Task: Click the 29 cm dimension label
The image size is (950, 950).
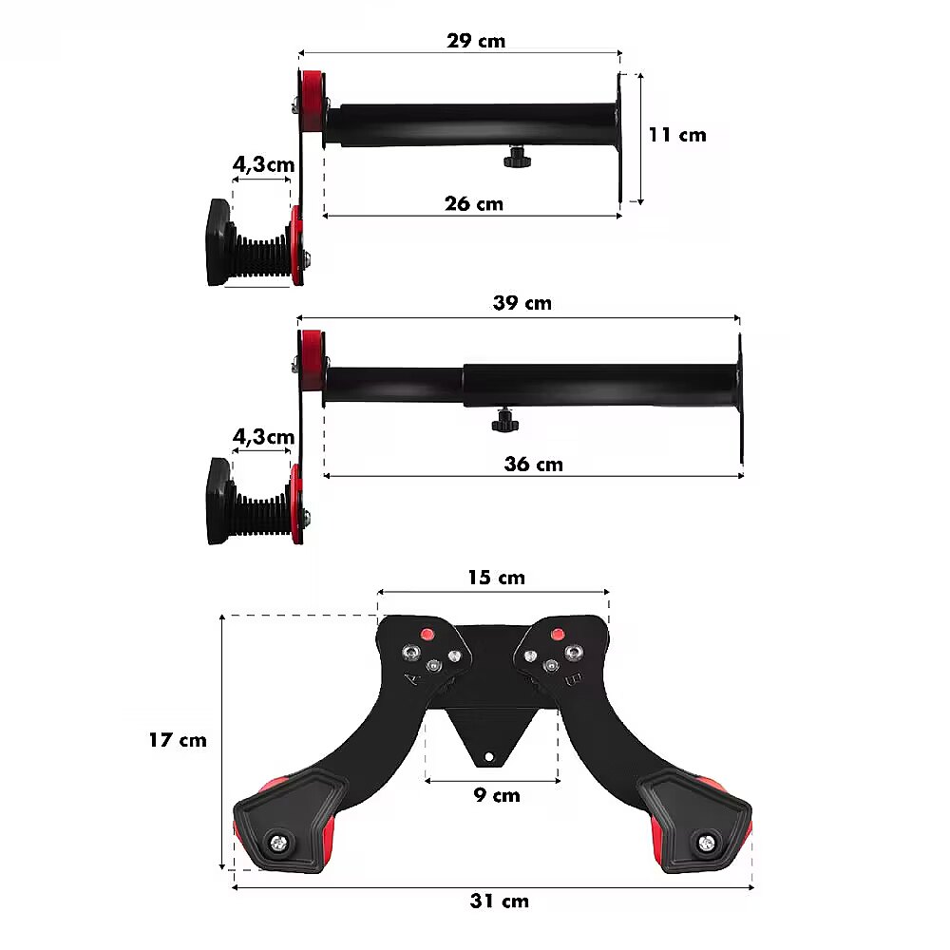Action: coord(476,41)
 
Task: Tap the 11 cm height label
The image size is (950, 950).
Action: coord(677,135)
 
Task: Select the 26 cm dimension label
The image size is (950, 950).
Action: coord(474,203)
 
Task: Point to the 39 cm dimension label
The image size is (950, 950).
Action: coord(522,303)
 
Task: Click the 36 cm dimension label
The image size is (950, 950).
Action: coord(533,465)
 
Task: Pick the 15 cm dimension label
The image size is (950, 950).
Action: coord(496,578)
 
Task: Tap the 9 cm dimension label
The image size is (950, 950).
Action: coord(497,795)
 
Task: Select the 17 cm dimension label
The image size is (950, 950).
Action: coord(178,740)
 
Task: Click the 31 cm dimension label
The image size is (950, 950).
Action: coord(500,901)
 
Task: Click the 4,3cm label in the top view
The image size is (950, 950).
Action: coord(263,164)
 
